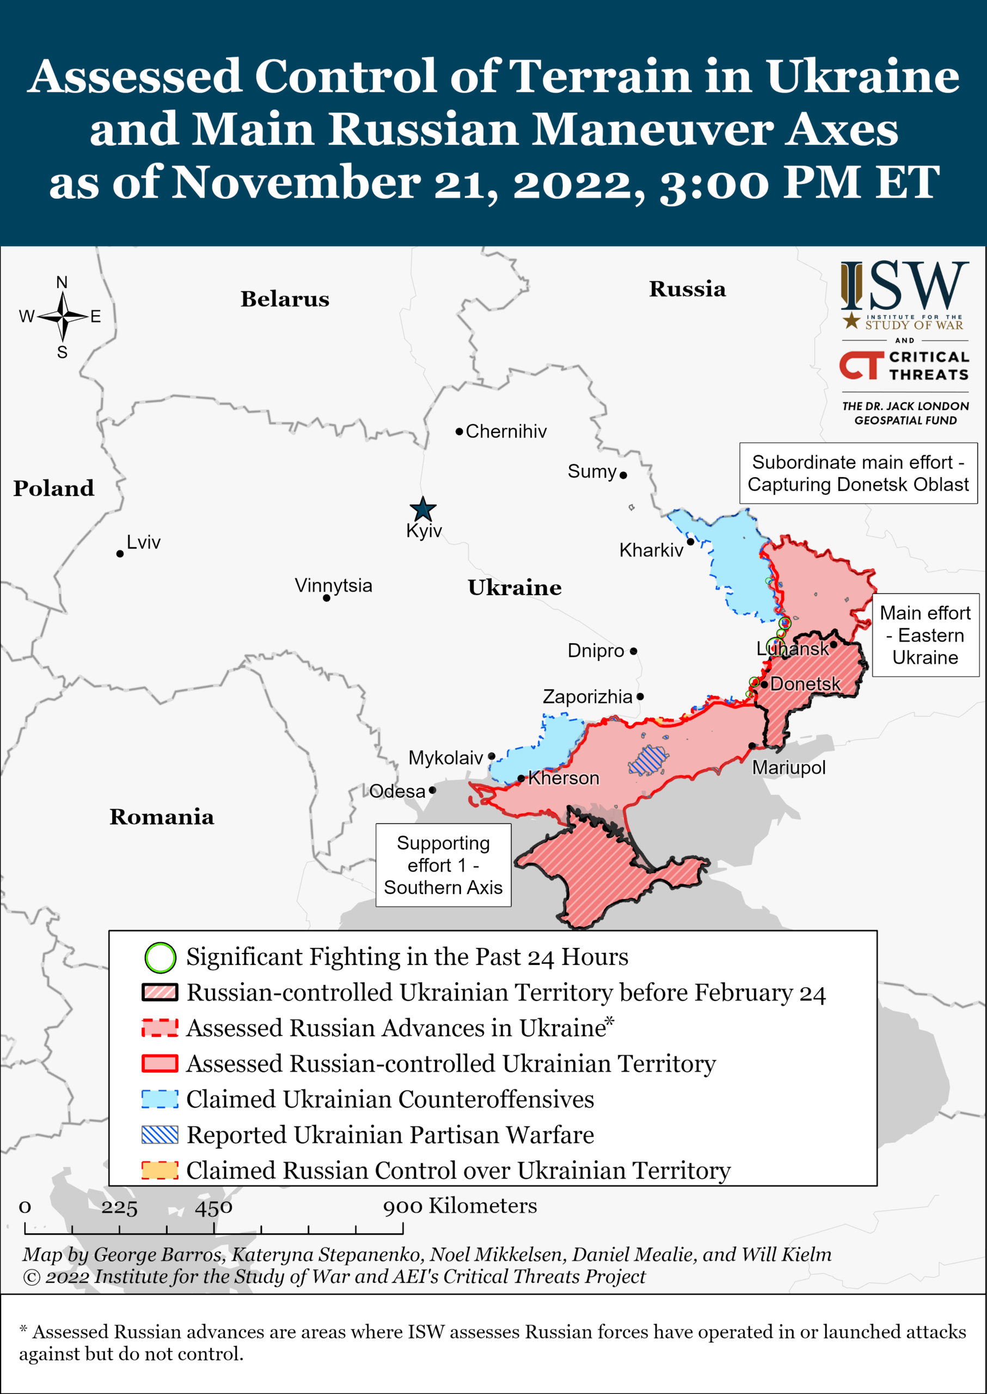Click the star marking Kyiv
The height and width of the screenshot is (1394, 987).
coord(422,509)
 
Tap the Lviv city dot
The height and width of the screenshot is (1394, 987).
coord(120,553)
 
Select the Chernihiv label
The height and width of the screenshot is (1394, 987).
coord(506,431)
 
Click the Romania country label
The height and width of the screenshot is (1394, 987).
coord(162,816)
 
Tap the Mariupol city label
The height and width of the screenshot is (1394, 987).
coord(788,767)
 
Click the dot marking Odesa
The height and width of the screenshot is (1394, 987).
coord(432,790)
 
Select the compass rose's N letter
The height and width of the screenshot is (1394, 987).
coord(62,283)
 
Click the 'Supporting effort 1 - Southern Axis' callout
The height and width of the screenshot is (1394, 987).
coord(443,865)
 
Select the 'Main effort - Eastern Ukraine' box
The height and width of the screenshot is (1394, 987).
coord(925,635)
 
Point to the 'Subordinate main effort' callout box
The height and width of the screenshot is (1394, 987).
coord(857,473)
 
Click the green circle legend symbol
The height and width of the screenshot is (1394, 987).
coord(160,957)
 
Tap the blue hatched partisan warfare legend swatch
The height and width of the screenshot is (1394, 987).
coord(160,1134)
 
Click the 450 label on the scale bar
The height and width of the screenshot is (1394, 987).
coord(213,1207)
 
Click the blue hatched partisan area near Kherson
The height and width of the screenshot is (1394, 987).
coord(649,760)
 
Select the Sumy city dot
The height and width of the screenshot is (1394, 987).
coord(623,475)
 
